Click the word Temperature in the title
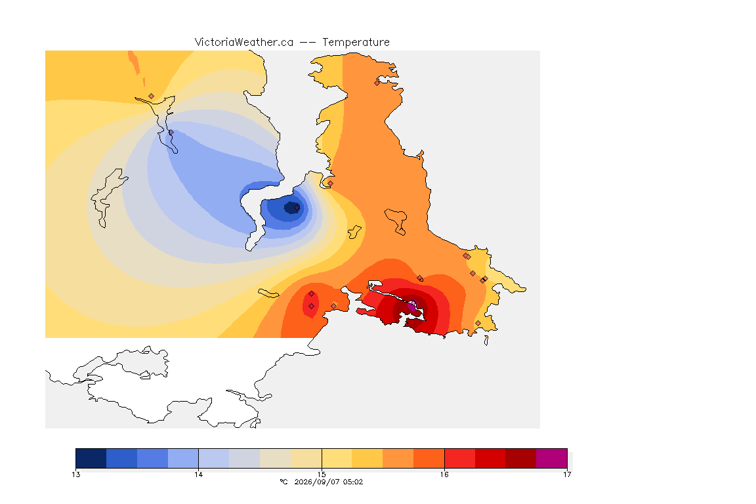pyautogui.click(x=356, y=43)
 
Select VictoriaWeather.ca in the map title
pyautogui.click(x=244, y=43)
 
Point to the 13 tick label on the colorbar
pyautogui.click(x=75, y=474)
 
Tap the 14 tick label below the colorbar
pyautogui.click(x=199, y=474)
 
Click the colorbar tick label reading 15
pyautogui.click(x=322, y=474)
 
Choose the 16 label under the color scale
pyautogui.click(x=444, y=474)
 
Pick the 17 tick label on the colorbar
pyautogui.click(x=567, y=474)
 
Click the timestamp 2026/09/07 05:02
pyautogui.click(x=328, y=482)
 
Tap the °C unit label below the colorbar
pyautogui.click(x=283, y=482)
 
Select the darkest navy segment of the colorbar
pyautogui.click(x=91, y=458)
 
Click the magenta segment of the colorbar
pyautogui.click(x=551, y=458)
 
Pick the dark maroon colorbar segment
pyautogui.click(x=520, y=458)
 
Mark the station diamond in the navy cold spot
pyautogui.click(x=297, y=208)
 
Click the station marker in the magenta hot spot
pyautogui.click(x=412, y=304)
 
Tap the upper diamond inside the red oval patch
pyautogui.click(x=312, y=294)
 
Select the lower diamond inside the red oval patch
pyautogui.click(x=312, y=306)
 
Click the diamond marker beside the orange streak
pyautogui.click(x=152, y=96)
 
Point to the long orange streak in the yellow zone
pyautogui.click(x=135, y=63)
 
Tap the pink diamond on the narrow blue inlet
pyautogui.click(x=171, y=133)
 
